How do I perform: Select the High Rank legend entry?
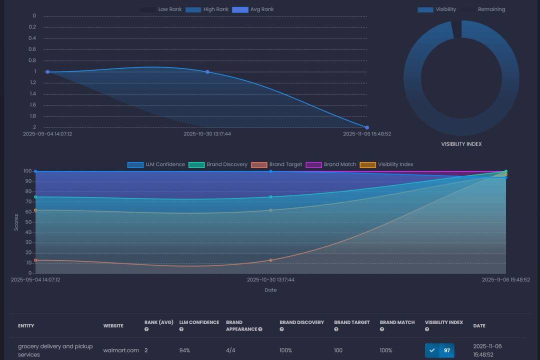(x=207, y=9)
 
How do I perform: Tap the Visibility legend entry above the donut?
(x=437, y=9)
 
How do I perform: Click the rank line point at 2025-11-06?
(x=366, y=127)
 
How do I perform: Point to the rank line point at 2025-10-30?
(x=207, y=72)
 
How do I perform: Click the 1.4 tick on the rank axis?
(x=32, y=94)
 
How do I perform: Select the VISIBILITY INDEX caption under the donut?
(x=461, y=144)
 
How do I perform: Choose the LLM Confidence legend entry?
(x=156, y=164)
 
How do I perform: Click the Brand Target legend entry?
(x=277, y=164)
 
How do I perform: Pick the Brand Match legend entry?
(x=331, y=164)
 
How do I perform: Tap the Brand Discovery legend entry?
(x=218, y=164)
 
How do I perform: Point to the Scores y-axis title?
(x=16, y=222)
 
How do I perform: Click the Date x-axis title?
(x=270, y=290)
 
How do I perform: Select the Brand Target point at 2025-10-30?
(x=270, y=260)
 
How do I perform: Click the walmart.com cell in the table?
(x=121, y=350)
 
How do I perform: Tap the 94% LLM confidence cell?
(x=185, y=350)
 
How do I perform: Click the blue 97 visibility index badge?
(x=439, y=350)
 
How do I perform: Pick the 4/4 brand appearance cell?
(x=231, y=350)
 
